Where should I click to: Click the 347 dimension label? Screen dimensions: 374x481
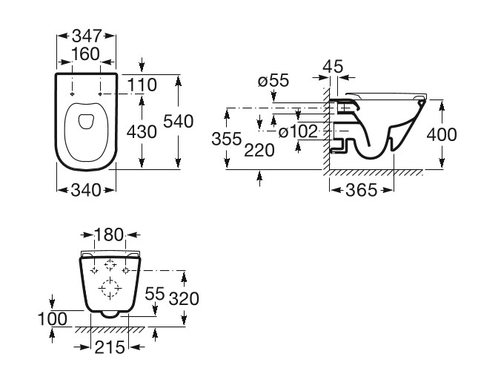tap(87, 35)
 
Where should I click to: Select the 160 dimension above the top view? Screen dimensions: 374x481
tap(86, 54)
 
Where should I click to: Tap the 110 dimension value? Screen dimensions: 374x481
tap(141, 85)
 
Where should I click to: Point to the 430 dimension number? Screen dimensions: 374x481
tap(142, 132)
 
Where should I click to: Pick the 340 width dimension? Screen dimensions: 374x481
tap(86, 190)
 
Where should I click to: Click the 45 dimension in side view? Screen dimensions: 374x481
tap(335, 68)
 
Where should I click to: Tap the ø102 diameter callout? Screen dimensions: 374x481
tap(298, 132)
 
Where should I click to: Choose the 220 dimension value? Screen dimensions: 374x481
tap(259, 149)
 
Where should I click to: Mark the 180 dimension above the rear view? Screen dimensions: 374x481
tap(109, 236)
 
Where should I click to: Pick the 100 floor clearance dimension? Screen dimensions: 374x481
tap(53, 319)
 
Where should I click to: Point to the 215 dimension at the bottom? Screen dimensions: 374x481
tap(110, 347)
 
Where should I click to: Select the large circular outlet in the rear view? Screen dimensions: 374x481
tap(110, 288)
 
